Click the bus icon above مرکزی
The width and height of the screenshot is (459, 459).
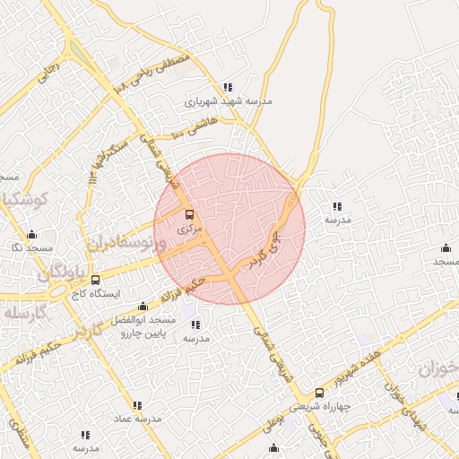188,215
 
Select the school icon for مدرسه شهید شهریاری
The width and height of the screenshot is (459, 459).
228,87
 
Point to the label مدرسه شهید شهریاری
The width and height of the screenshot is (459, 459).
228,101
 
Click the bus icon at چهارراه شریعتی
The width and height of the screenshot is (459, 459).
320,393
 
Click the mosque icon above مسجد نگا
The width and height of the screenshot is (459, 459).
33,233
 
